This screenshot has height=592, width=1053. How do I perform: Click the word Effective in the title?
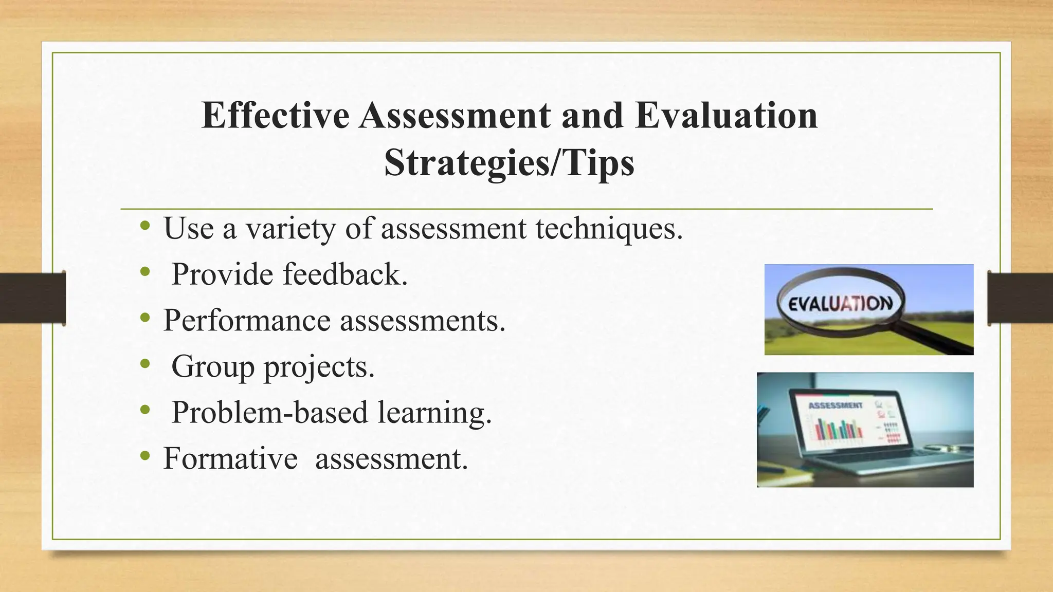(x=275, y=115)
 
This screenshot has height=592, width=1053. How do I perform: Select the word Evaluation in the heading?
(x=726, y=115)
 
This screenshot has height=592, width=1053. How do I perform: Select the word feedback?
(x=345, y=274)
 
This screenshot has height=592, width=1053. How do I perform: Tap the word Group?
(x=213, y=366)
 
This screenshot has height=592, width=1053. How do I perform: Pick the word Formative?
(x=230, y=458)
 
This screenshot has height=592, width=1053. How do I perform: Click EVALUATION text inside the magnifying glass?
(x=840, y=304)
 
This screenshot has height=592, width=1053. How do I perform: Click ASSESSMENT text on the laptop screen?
(x=835, y=405)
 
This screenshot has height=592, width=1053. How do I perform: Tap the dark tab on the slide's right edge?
(x=1020, y=298)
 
